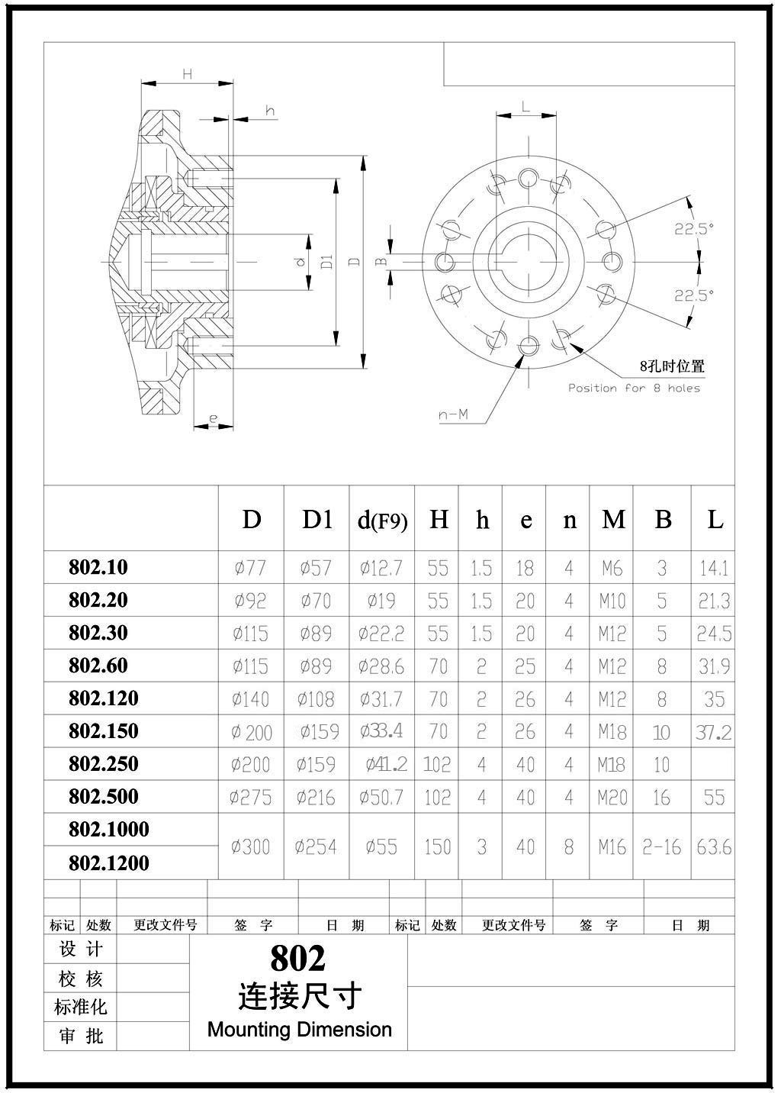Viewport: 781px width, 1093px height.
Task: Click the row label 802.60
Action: (x=98, y=666)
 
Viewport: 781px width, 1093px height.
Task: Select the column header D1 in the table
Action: (x=317, y=520)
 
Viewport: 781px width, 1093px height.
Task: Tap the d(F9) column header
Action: (x=382, y=521)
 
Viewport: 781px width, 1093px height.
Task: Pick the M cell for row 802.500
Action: (x=612, y=798)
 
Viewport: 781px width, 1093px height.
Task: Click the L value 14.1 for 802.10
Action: (x=714, y=568)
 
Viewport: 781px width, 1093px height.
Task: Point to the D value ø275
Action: (x=251, y=798)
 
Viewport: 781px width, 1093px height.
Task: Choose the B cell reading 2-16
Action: (x=661, y=846)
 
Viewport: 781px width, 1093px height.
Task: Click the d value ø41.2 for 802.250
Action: (x=386, y=764)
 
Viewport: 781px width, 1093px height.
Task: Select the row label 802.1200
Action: (x=109, y=863)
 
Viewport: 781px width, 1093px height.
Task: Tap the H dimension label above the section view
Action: (x=187, y=74)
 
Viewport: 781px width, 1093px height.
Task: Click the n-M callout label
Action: (x=453, y=415)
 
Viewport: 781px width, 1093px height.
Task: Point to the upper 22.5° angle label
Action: (x=694, y=227)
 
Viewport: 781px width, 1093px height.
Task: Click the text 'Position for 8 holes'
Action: (x=634, y=388)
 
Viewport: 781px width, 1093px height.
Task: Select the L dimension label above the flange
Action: (x=525, y=106)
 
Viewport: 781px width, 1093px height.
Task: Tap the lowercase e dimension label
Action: (x=213, y=418)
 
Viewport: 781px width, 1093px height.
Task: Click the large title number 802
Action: (x=297, y=958)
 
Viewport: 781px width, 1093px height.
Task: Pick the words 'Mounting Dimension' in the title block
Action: (x=299, y=1029)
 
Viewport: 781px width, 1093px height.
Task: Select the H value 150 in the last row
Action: (x=438, y=846)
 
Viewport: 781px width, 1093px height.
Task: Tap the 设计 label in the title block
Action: (x=80, y=950)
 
